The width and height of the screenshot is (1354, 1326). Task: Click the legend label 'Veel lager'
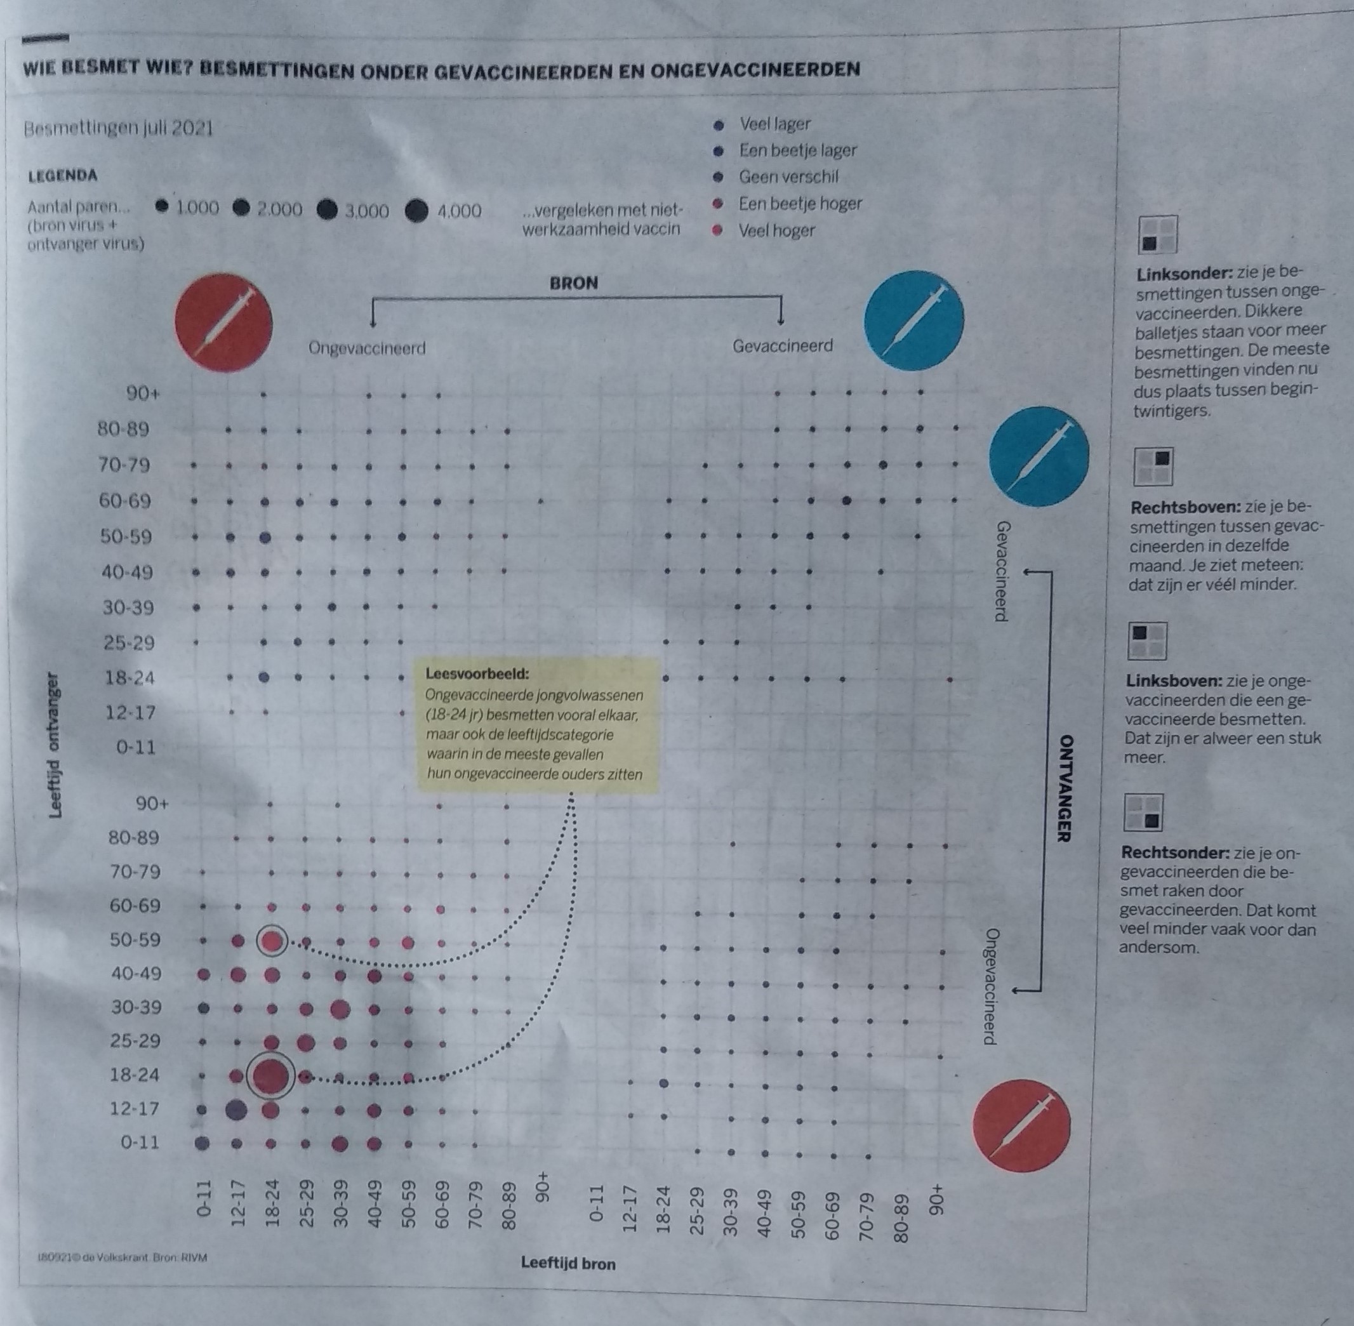coord(774,124)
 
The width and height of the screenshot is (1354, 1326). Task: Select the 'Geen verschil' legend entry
coord(788,177)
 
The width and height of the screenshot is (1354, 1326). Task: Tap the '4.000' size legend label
coord(459,211)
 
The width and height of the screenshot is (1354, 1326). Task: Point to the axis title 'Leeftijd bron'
coord(567,1263)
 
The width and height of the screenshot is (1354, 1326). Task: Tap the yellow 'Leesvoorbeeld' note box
coord(538,725)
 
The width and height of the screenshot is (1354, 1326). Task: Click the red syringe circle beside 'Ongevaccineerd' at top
coord(223,322)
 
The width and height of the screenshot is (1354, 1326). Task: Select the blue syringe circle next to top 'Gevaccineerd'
coord(914,321)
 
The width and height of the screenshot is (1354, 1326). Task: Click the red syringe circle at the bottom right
coord(1021,1126)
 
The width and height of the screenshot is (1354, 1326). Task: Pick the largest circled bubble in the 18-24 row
coord(271,1076)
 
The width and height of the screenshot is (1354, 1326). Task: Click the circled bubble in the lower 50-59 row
coord(272,941)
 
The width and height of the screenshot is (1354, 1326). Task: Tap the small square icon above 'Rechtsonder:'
coord(1144,812)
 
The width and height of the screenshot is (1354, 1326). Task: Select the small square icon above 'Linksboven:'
coord(1147,640)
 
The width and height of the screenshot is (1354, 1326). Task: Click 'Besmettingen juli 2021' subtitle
coord(119,129)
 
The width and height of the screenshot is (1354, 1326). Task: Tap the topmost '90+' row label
coord(143,394)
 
